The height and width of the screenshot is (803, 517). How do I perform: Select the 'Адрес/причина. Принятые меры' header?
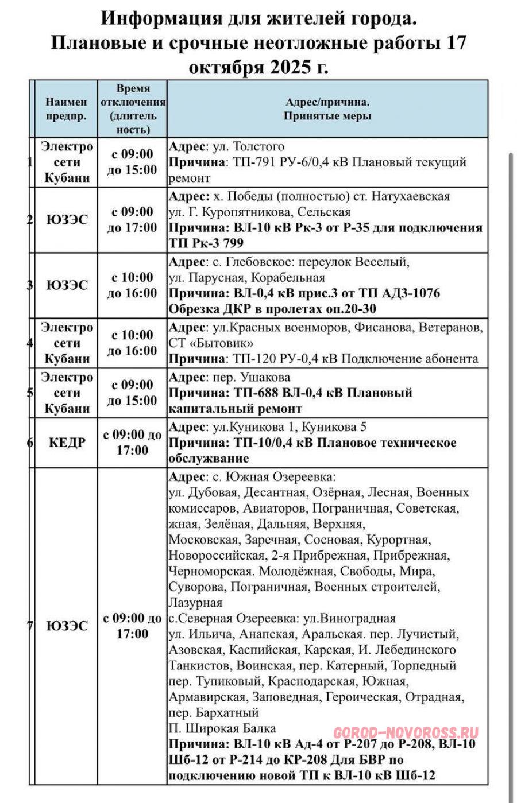coord(327,108)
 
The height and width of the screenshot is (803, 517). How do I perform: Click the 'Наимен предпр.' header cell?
coord(67,108)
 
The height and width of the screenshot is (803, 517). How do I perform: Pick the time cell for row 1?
coord(133,162)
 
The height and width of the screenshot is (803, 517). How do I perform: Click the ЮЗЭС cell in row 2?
coord(67,220)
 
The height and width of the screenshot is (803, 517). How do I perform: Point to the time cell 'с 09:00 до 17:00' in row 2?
coord(133,220)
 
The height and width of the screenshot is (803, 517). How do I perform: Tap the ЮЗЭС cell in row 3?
coord(67,285)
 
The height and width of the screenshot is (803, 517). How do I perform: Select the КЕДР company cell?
coord(67,443)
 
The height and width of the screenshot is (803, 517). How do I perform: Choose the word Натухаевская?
coord(410,196)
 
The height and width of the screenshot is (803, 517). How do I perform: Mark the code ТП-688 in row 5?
coord(257,393)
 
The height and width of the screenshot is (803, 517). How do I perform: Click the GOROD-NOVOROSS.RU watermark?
coord(406,733)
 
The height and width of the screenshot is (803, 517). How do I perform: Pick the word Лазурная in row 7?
coord(195,603)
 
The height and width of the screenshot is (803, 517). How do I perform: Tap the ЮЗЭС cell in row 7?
coord(67,626)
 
